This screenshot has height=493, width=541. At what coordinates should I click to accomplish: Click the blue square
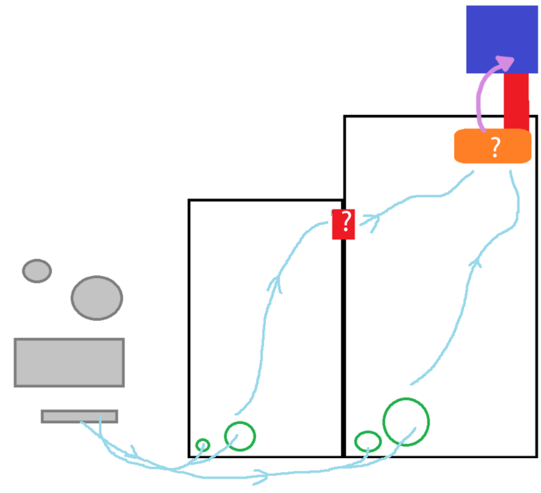pyautogui.click(x=502, y=39)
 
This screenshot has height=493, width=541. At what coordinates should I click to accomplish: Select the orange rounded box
pyautogui.click(x=492, y=146)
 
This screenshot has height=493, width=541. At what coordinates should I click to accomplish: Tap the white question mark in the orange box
pyautogui.click(x=496, y=147)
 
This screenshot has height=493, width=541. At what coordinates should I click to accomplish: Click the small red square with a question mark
pyautogui.click(x=344, y=224)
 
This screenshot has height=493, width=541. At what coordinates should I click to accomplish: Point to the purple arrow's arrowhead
pyautogui.click(x=505, y=62)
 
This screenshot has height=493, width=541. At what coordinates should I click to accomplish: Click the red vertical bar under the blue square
pyautogui.click(x=516, y=101)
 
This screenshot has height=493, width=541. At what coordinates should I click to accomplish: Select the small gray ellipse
pyautogui.click(x=37, y=271)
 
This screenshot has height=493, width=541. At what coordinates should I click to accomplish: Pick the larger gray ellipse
pyautogui.click(x=97, y=298)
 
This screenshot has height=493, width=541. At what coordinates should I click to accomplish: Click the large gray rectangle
pyautogui.click(x=69, y=362)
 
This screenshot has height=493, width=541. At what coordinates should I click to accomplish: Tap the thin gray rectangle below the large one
pyautogui.click(x=80, y=416)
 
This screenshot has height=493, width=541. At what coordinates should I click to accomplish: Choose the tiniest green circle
pyautogui.click(x=203, y=445)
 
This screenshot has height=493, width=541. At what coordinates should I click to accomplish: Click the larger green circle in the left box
pyautogui.click(x=240, y=436)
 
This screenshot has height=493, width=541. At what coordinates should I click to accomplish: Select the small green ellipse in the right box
pyautogui.click(x=368, y=441)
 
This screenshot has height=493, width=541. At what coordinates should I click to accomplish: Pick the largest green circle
pyautogui.click(x=406, y=422)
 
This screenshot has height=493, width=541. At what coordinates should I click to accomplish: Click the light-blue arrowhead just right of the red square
pyautogui.click(x=374, y=222)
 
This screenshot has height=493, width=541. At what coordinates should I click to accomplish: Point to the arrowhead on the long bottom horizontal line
pyautogui.click(x=261, y=477)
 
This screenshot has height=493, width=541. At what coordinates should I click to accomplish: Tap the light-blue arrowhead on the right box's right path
pyautogui.click(x=476, y=262)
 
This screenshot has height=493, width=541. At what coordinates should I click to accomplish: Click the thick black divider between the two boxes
pyautogui.click(x=344, y=348)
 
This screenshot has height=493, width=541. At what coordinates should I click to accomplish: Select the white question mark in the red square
pyautogui.click(x=346, y=222)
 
